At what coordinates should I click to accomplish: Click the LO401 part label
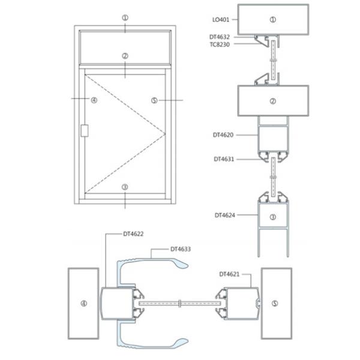pos(220,19)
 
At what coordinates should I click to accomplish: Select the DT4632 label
pos(220,37)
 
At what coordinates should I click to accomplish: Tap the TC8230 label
pos(220,44)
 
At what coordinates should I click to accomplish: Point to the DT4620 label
pos(222,136)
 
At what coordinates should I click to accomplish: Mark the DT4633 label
pos(181,248)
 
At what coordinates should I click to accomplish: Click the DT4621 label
pos(229,274)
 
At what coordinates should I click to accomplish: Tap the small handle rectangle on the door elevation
pos(84,130)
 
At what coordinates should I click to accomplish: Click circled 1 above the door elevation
pos(125,18)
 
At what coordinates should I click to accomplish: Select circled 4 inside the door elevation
pos(94,100)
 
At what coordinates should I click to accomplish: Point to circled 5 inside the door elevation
pos(154,100)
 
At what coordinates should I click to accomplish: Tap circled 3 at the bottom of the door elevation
pos(125,187)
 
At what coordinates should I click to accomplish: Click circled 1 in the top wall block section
pos(273,19)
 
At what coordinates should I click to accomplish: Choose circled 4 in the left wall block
pos(83,303)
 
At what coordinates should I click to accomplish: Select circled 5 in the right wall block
pos(276,303)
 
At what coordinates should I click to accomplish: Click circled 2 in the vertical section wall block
pos(273,101)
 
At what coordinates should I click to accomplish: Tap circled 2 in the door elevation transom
pos(125,56)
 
